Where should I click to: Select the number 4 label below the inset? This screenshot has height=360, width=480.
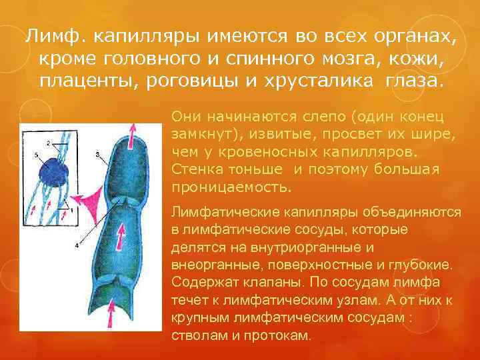point(76,245)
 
